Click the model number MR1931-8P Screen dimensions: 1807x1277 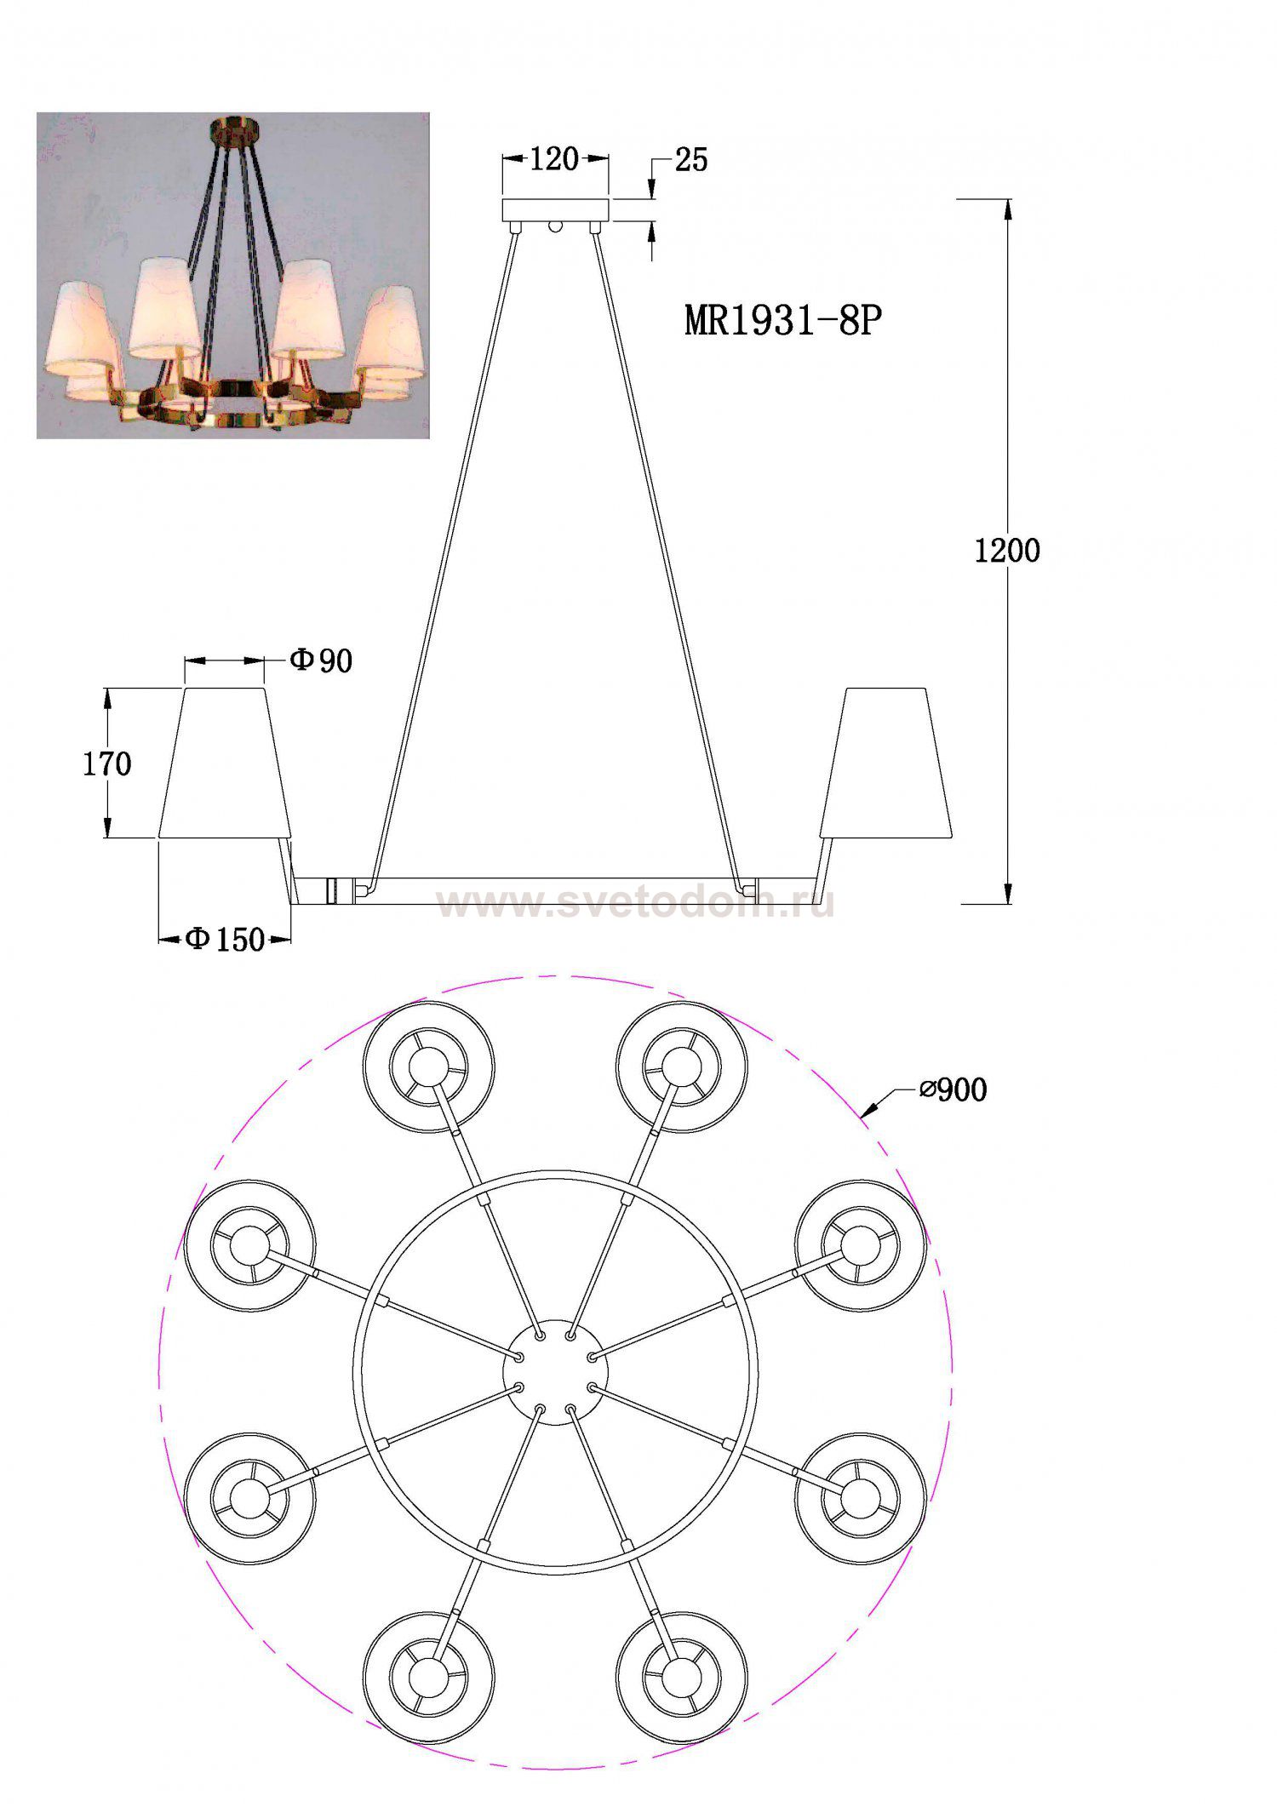tap(782, 321)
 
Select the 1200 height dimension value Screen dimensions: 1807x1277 tap(1007, 552)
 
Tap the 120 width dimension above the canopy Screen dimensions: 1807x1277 tap(554, 159)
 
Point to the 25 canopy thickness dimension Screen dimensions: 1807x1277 tap(690, 160)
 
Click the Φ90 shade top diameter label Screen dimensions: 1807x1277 tap(321, 660)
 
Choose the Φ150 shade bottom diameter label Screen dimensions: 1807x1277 tap(225, 939)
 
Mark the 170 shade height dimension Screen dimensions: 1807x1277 tap(107, 764)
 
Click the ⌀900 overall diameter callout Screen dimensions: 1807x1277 tap(953, 1089)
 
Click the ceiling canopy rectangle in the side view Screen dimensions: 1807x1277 tap(556, 210)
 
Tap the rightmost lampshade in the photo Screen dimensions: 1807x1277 tap(390, 333)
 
